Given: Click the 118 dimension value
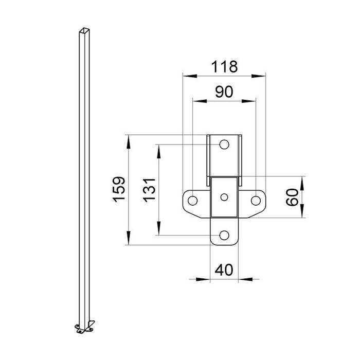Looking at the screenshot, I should (x=224, y=66).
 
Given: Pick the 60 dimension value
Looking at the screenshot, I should (x=292, y=197).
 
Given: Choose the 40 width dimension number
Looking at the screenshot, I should (x=224, y=270).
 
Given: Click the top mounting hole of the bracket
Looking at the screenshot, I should (x=224, y=145).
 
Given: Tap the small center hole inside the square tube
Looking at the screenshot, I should (x=224, y=196).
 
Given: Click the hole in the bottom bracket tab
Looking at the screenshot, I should (x=224, y=235).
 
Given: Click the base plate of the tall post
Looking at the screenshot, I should (x=84, y=328).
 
